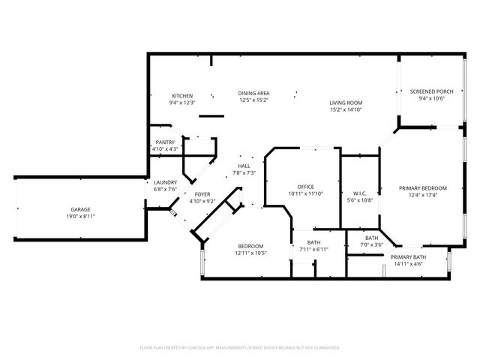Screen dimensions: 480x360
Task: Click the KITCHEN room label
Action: pyautogui.click(x=182, y=96)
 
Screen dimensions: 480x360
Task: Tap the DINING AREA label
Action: pyautogui.click(x=253, y=93)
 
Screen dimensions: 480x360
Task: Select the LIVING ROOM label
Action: pyautogui.click(x=346, y=103)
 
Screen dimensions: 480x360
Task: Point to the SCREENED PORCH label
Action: pyautogui.click(x=432, y=91)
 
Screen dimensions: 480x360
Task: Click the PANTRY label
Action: pyautogui.click(x=165, y=142)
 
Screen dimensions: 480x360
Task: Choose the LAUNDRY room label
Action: pyautogui.click(x=165, y=182)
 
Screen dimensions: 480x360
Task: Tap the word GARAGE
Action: pyautogui.click(x=80, y=210)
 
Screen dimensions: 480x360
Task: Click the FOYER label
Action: pyautogui.click(x=202, y=194)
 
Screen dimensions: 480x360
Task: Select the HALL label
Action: pyautogui.click(x=244, y=166)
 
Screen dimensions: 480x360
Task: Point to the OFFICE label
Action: pyautogui.click(x=305, y=187)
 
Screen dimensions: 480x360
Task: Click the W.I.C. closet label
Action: pyautogui.click(x=360, y=193)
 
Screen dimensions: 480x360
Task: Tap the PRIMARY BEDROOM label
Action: pyautogui.click(x=423, y=188)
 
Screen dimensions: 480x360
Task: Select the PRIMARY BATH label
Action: pyautogui.click(x=408, y=257)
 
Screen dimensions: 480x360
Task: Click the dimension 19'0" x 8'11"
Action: pyautogui.click(x=81, y=217)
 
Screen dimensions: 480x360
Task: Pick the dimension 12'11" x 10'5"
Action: pyautogui.click(x=250, y=253)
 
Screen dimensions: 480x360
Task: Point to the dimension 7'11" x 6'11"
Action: pyautogui.click(x=313, y=250)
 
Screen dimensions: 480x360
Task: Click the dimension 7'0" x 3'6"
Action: pyautogui.click(x=372, y=245)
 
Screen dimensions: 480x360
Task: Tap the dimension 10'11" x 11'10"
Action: pyautogui.click(x=306, y=193)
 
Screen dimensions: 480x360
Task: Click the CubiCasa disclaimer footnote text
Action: pyautogui.click(x=240, y=348)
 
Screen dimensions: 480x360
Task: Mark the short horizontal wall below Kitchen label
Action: pyautogui.click(x=211, y=116)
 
